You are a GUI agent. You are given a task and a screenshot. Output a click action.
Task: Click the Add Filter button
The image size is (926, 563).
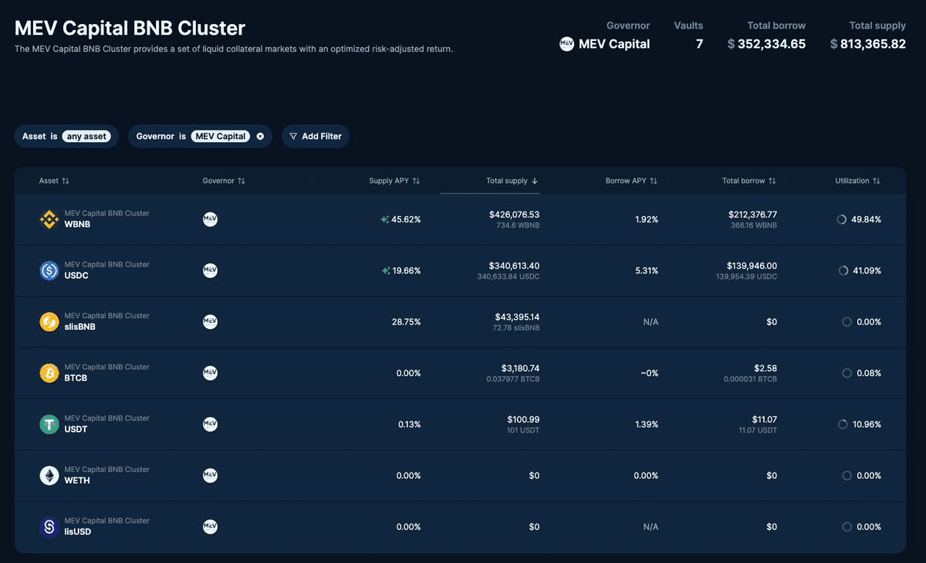pos(316,136)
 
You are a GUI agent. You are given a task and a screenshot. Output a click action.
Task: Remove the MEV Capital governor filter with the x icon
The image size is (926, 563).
pos(260,136)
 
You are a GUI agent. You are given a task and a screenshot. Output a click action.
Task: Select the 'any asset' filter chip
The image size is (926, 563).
pos(86,136)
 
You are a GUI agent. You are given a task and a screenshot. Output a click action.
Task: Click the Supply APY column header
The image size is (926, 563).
pos(390,181)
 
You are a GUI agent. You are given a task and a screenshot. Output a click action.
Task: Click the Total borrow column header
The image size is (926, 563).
pos(743,181)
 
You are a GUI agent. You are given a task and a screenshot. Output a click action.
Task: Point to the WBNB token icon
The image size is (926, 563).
pos(49,219)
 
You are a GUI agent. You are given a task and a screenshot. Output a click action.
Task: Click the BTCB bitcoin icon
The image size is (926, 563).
pos(49,373)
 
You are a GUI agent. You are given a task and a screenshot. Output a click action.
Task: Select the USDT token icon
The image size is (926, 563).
pos(49,424)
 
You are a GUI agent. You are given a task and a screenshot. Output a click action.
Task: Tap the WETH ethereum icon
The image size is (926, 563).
pos(49,476)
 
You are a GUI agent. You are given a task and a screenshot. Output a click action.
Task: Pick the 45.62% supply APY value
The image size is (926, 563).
pos(406,219)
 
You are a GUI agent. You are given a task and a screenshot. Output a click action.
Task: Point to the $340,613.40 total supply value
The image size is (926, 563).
pos(514,266)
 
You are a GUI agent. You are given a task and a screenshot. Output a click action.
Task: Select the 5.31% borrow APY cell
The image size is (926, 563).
pos(647,270)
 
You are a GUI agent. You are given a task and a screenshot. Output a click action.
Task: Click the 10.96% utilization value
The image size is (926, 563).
pos(867,425)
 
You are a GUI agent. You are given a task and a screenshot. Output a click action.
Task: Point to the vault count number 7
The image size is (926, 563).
pos(699,44)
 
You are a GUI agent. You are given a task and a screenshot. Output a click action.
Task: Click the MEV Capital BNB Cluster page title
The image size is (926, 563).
pos(130,29)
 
